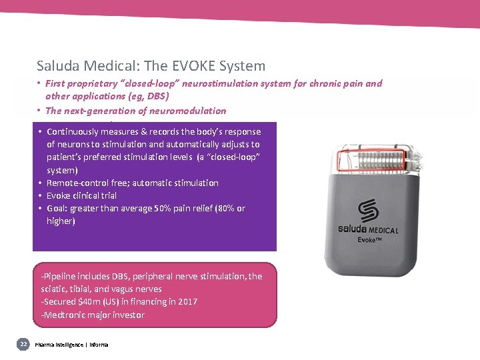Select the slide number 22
tap(23, 344)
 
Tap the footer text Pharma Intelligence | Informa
tap(71, 345)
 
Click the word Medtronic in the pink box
tap(64, 315)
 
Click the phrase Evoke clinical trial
tap(81, 195)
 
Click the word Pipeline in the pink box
tap(62, 276)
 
